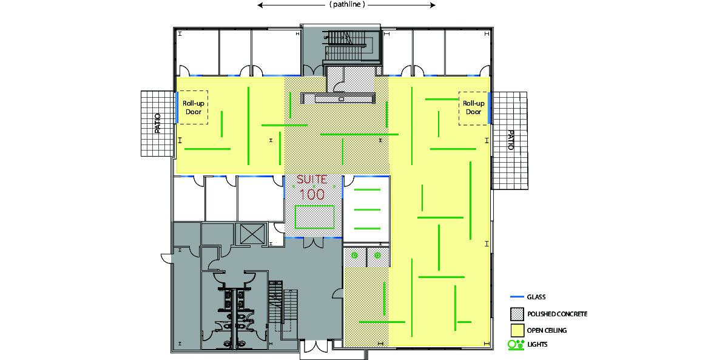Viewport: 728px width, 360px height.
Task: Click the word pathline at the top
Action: pyautogui.click(x=347, y=4)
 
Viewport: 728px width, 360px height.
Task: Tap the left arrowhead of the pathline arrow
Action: pyautogui.click(x=260, y=5)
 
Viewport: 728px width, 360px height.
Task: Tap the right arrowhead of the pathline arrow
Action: pyautogui.click(x=433, y=5)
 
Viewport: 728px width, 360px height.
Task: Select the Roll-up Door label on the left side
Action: pyautogui.click(x=194, y=107)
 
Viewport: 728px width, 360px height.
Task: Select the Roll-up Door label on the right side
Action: pyautogui.click(x=474, y=107)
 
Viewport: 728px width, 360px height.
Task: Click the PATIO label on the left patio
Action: pyautogui.click(x=158, y=123)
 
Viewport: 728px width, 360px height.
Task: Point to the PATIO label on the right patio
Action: pyautogui.click(x=511, y=140)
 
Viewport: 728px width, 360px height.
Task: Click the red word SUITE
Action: pyautogui.click(x=312, y=179)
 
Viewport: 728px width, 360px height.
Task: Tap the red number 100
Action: pyautogui.click(x=312, y=194)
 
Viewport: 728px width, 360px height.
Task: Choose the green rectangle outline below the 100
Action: pyautogui.click(x=315, y=206)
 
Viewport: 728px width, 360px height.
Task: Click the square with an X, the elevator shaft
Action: pyautogui.click(x=252, y=234)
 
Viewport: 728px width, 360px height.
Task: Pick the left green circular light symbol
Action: pyautogui.click(x=354, y=256)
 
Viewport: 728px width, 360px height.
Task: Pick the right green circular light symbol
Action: pyautogui.click(x=377, y=256)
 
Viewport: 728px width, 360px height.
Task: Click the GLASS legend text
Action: pyautogui.click(x=536, y=297)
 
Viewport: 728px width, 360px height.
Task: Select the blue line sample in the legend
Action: pyautogui.click(x=517, y=297)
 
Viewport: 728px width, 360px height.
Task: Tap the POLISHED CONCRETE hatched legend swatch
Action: pyautogui.click(x=517, y=314)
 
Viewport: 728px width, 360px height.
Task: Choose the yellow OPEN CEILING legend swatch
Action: pyautogui.click(x=517, y=330)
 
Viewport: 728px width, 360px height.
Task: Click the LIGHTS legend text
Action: pyautogui.click(x=538, y=344)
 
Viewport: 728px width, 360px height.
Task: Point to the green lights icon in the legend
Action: pyautogui.click(x=516, y=345)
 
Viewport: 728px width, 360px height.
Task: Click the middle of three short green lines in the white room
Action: pyautogui.click(x=367, y=210)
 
